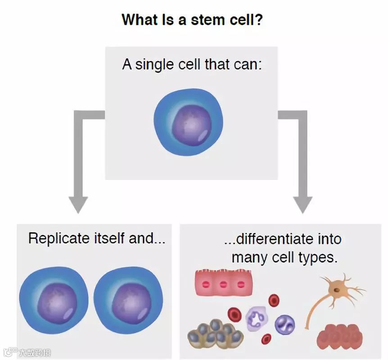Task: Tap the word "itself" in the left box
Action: (108, 238)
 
